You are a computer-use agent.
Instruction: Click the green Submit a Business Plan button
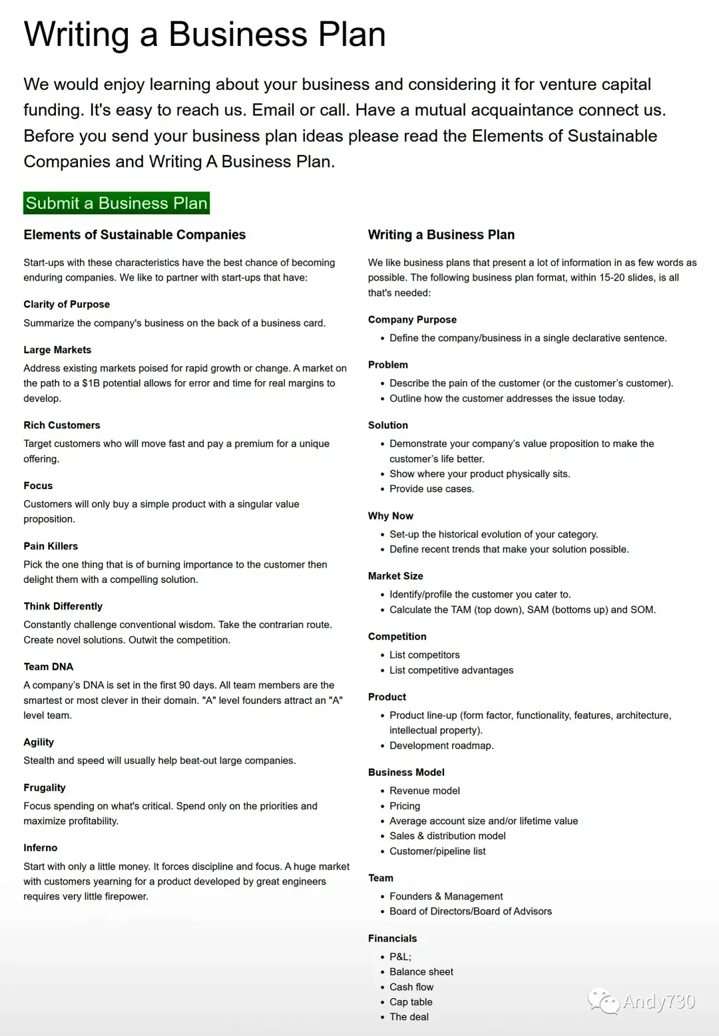click(117, 203)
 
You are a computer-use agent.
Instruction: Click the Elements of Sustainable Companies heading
click(134, 235)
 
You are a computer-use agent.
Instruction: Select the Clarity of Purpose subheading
click(67, 304)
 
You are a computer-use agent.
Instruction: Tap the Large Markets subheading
click(57, 350)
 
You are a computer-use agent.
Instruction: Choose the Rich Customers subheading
click(62, 425)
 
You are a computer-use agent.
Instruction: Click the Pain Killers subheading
click(51, 546)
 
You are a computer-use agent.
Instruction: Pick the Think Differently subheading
click(63, 606)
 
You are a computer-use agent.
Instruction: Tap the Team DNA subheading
click(49, 667)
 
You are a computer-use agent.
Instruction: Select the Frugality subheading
click(45, 788)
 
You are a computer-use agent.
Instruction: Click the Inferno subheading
click(41, 848)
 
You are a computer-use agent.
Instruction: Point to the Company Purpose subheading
click(412, 319)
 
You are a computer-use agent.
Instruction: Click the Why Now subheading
click(391, 516)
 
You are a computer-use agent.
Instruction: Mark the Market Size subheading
click(395, 576)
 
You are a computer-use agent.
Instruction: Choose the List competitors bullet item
click(425, 655)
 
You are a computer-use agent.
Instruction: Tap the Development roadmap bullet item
click(441, 745)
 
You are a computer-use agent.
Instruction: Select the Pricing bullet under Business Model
click(405, 806)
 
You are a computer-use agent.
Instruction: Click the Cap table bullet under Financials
click(411, 1002)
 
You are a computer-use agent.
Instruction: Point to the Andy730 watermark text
click(658, 1001)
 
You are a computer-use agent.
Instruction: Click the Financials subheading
click(393, 938)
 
